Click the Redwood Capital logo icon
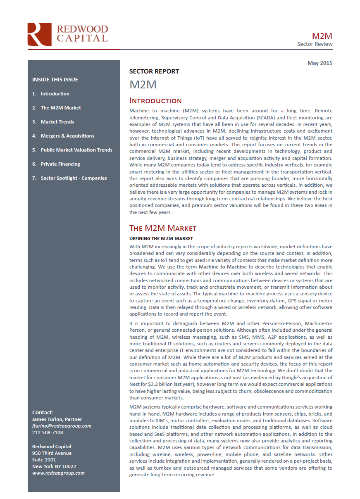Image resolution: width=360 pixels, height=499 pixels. (x=39, y=34)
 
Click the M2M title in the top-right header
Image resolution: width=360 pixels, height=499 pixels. (x=322, y=36)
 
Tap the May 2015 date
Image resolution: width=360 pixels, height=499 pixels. (x=319, y=63)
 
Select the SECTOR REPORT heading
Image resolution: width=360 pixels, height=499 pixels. (x=154, y=71)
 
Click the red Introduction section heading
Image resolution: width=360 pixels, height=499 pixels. (x=155, y=101)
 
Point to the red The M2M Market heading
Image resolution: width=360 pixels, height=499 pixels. (x=163, y=228)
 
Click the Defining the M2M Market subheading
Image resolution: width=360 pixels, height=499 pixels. (x=161, y=238)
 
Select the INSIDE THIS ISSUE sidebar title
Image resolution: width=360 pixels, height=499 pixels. (x=55, y=80)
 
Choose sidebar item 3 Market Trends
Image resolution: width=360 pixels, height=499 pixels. (x=57, y=122)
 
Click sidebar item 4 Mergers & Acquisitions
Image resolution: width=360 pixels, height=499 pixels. (x=67, y=136)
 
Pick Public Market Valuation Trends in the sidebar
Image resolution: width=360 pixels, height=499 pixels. (x=76, y=150)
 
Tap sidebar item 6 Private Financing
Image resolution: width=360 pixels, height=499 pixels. (x=60, y=164)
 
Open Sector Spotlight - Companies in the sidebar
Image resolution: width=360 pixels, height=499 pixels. (x=74, y=178)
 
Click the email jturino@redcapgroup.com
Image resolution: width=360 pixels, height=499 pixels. (x=62, y=426)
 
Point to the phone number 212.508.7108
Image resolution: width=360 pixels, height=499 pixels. (x=48, y=432)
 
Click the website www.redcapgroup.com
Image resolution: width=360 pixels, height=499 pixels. (x=58, y=473)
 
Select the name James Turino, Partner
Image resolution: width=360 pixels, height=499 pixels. (x=57, y=419)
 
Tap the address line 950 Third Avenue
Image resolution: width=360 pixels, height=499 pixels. (x=52, y=453)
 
